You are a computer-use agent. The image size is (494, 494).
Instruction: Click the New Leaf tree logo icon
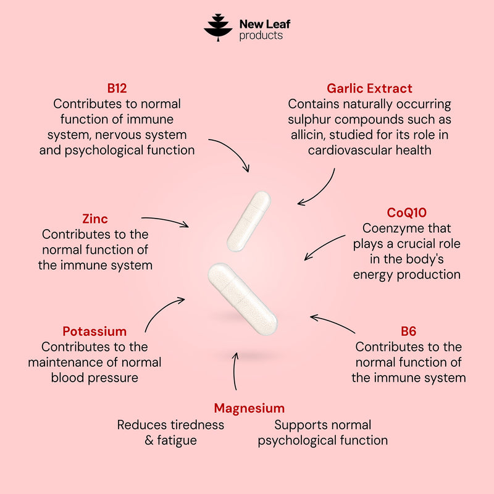[x=218, y=27]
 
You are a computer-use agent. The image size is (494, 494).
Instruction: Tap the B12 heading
[x=117, y=88]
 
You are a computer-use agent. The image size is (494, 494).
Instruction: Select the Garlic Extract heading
[x=369, y=88]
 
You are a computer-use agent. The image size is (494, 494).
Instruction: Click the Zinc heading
[x=95, y=219]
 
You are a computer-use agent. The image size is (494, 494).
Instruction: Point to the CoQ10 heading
[x=406, y=212]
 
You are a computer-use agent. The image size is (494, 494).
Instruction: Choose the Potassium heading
[x=94, y=331]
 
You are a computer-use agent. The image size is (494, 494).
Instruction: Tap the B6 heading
[x=408, y=331]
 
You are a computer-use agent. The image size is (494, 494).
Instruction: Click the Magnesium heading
[x=249, y=408]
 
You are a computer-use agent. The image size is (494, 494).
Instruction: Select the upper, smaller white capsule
[x=249, y=221]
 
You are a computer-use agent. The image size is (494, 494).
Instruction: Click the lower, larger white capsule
[x=243, y=299]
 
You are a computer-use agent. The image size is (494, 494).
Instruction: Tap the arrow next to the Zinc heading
[x=165, y=220]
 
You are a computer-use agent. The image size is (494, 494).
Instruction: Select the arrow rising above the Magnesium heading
[x=234, y=371]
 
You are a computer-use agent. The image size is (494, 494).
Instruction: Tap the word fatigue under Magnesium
[x=177, y=440]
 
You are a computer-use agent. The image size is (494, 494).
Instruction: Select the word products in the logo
[x=261, y=36]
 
